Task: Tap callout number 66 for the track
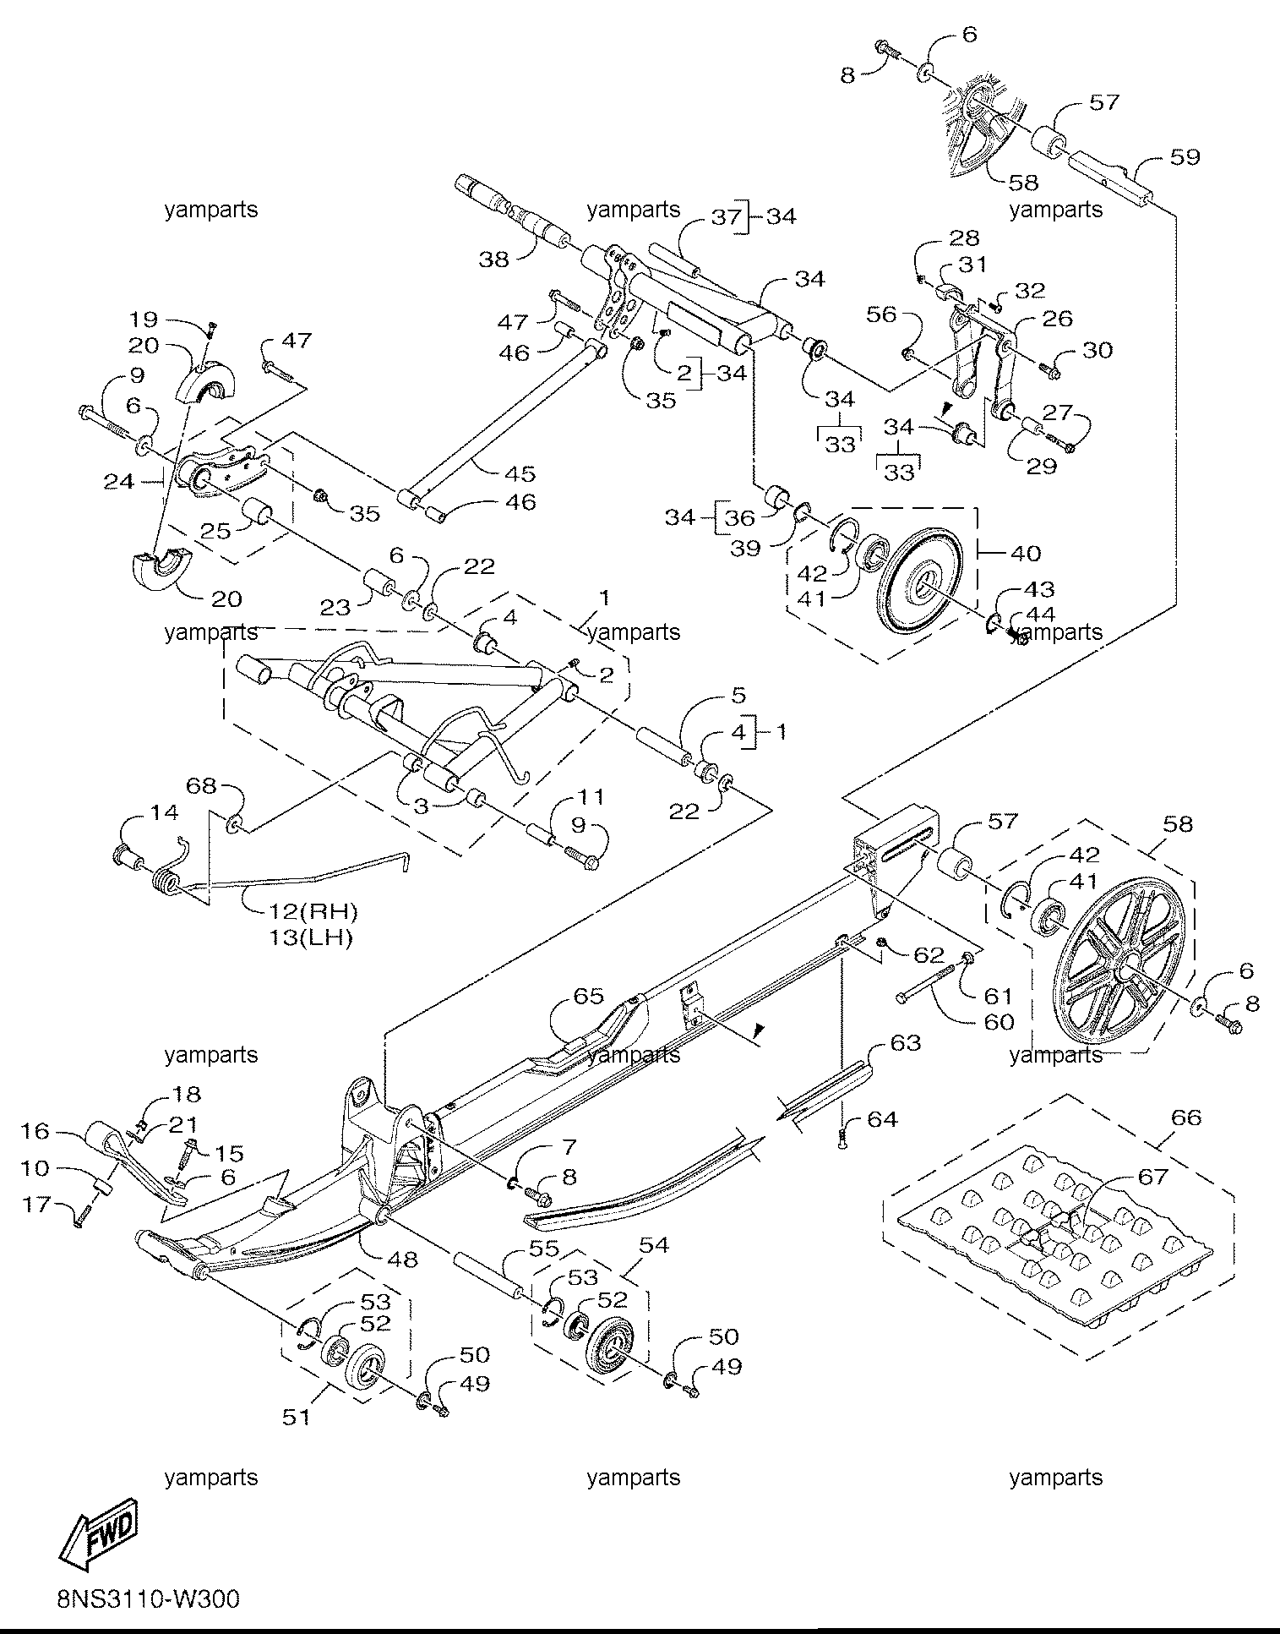(x=1185, y=1118)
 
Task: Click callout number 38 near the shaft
(x=494, y=260)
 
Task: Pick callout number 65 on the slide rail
(x=589, y=996)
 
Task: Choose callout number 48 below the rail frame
(x=401, y=1259)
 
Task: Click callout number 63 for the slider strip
(x=905, y=1043)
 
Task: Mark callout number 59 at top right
(x=1185, y=157)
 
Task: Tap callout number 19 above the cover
(x=144, y=320)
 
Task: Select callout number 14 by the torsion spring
(x=164, y=812)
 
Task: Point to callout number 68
(x=201, y=786)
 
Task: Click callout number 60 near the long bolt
(x=999, y=1021)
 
